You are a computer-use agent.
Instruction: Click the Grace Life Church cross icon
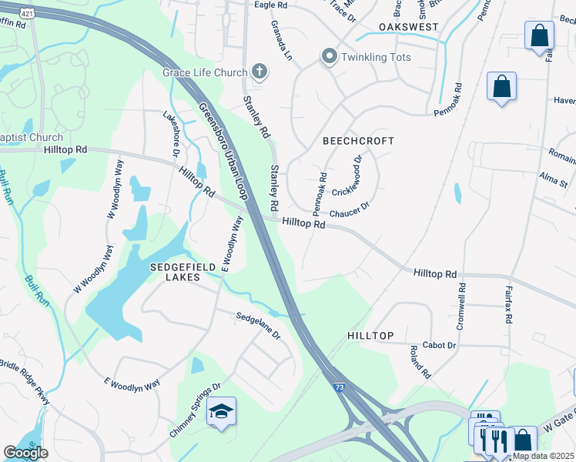pos(260,73)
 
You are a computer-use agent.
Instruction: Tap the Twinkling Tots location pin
pos(330,57)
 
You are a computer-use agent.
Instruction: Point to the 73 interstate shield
pos(340,388)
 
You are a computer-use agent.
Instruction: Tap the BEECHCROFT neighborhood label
pos(358,141)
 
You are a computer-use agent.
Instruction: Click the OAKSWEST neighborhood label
pos(408,27)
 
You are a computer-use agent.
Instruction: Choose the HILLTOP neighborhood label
pos(370,336)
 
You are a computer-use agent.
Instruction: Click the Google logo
pos(26,453)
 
